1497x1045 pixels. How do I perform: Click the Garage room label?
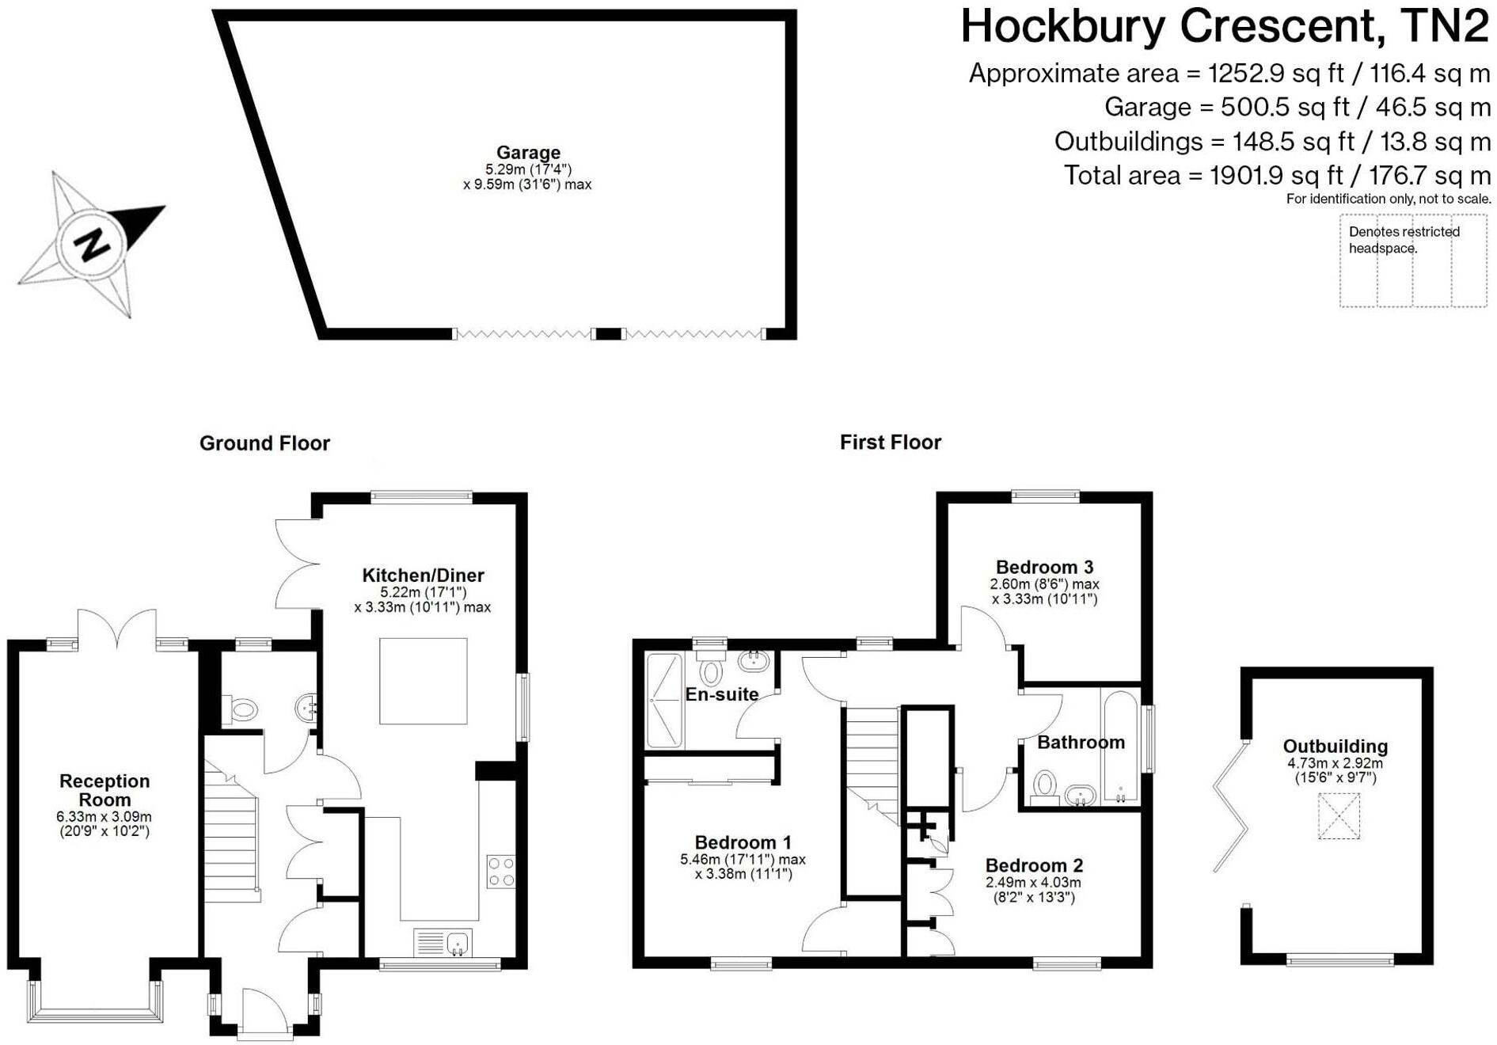coord(528,153)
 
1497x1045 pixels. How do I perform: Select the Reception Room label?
coord(104,790)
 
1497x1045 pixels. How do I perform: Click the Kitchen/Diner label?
coord(423,576)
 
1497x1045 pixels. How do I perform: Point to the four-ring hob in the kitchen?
coord(500,871)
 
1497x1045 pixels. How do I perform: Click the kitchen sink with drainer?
coord(443,943)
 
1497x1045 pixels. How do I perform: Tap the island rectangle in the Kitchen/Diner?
coord(423,681)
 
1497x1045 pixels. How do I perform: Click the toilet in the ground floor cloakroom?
coord(240,709)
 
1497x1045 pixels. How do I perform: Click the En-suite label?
coord(721,694)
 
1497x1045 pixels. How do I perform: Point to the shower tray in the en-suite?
coord(663,700)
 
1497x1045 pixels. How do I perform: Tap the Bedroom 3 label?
coord(1044,567)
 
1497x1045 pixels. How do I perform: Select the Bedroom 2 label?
coord(1034,865)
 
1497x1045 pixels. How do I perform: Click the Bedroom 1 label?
coord(743,842)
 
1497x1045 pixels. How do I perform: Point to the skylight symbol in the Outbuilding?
coord(1339,816)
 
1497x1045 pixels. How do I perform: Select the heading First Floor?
coord(890,442)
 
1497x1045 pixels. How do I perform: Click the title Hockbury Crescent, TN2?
coord(1224,26)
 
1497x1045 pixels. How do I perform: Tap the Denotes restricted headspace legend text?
coord(1404,240)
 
